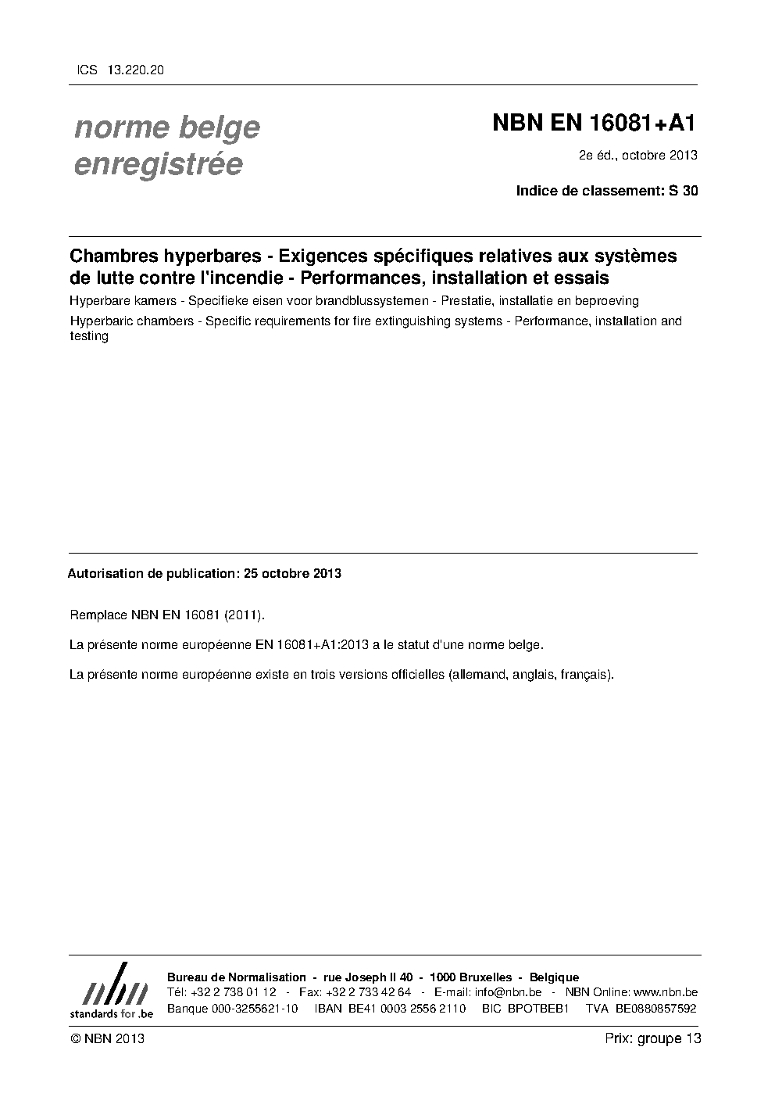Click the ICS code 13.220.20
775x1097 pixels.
click(x=137, y=70)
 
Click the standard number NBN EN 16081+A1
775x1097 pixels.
click(x=593, y=124)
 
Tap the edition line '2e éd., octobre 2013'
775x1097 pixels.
click(x=637, y=155)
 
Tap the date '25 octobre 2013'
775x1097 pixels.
click(x=292, y=573)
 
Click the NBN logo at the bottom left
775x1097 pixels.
click(x=112, y=991)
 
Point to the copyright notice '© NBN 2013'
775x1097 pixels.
click(x=107, y=1038)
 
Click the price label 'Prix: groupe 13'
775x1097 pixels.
click(x=652, y=1038)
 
